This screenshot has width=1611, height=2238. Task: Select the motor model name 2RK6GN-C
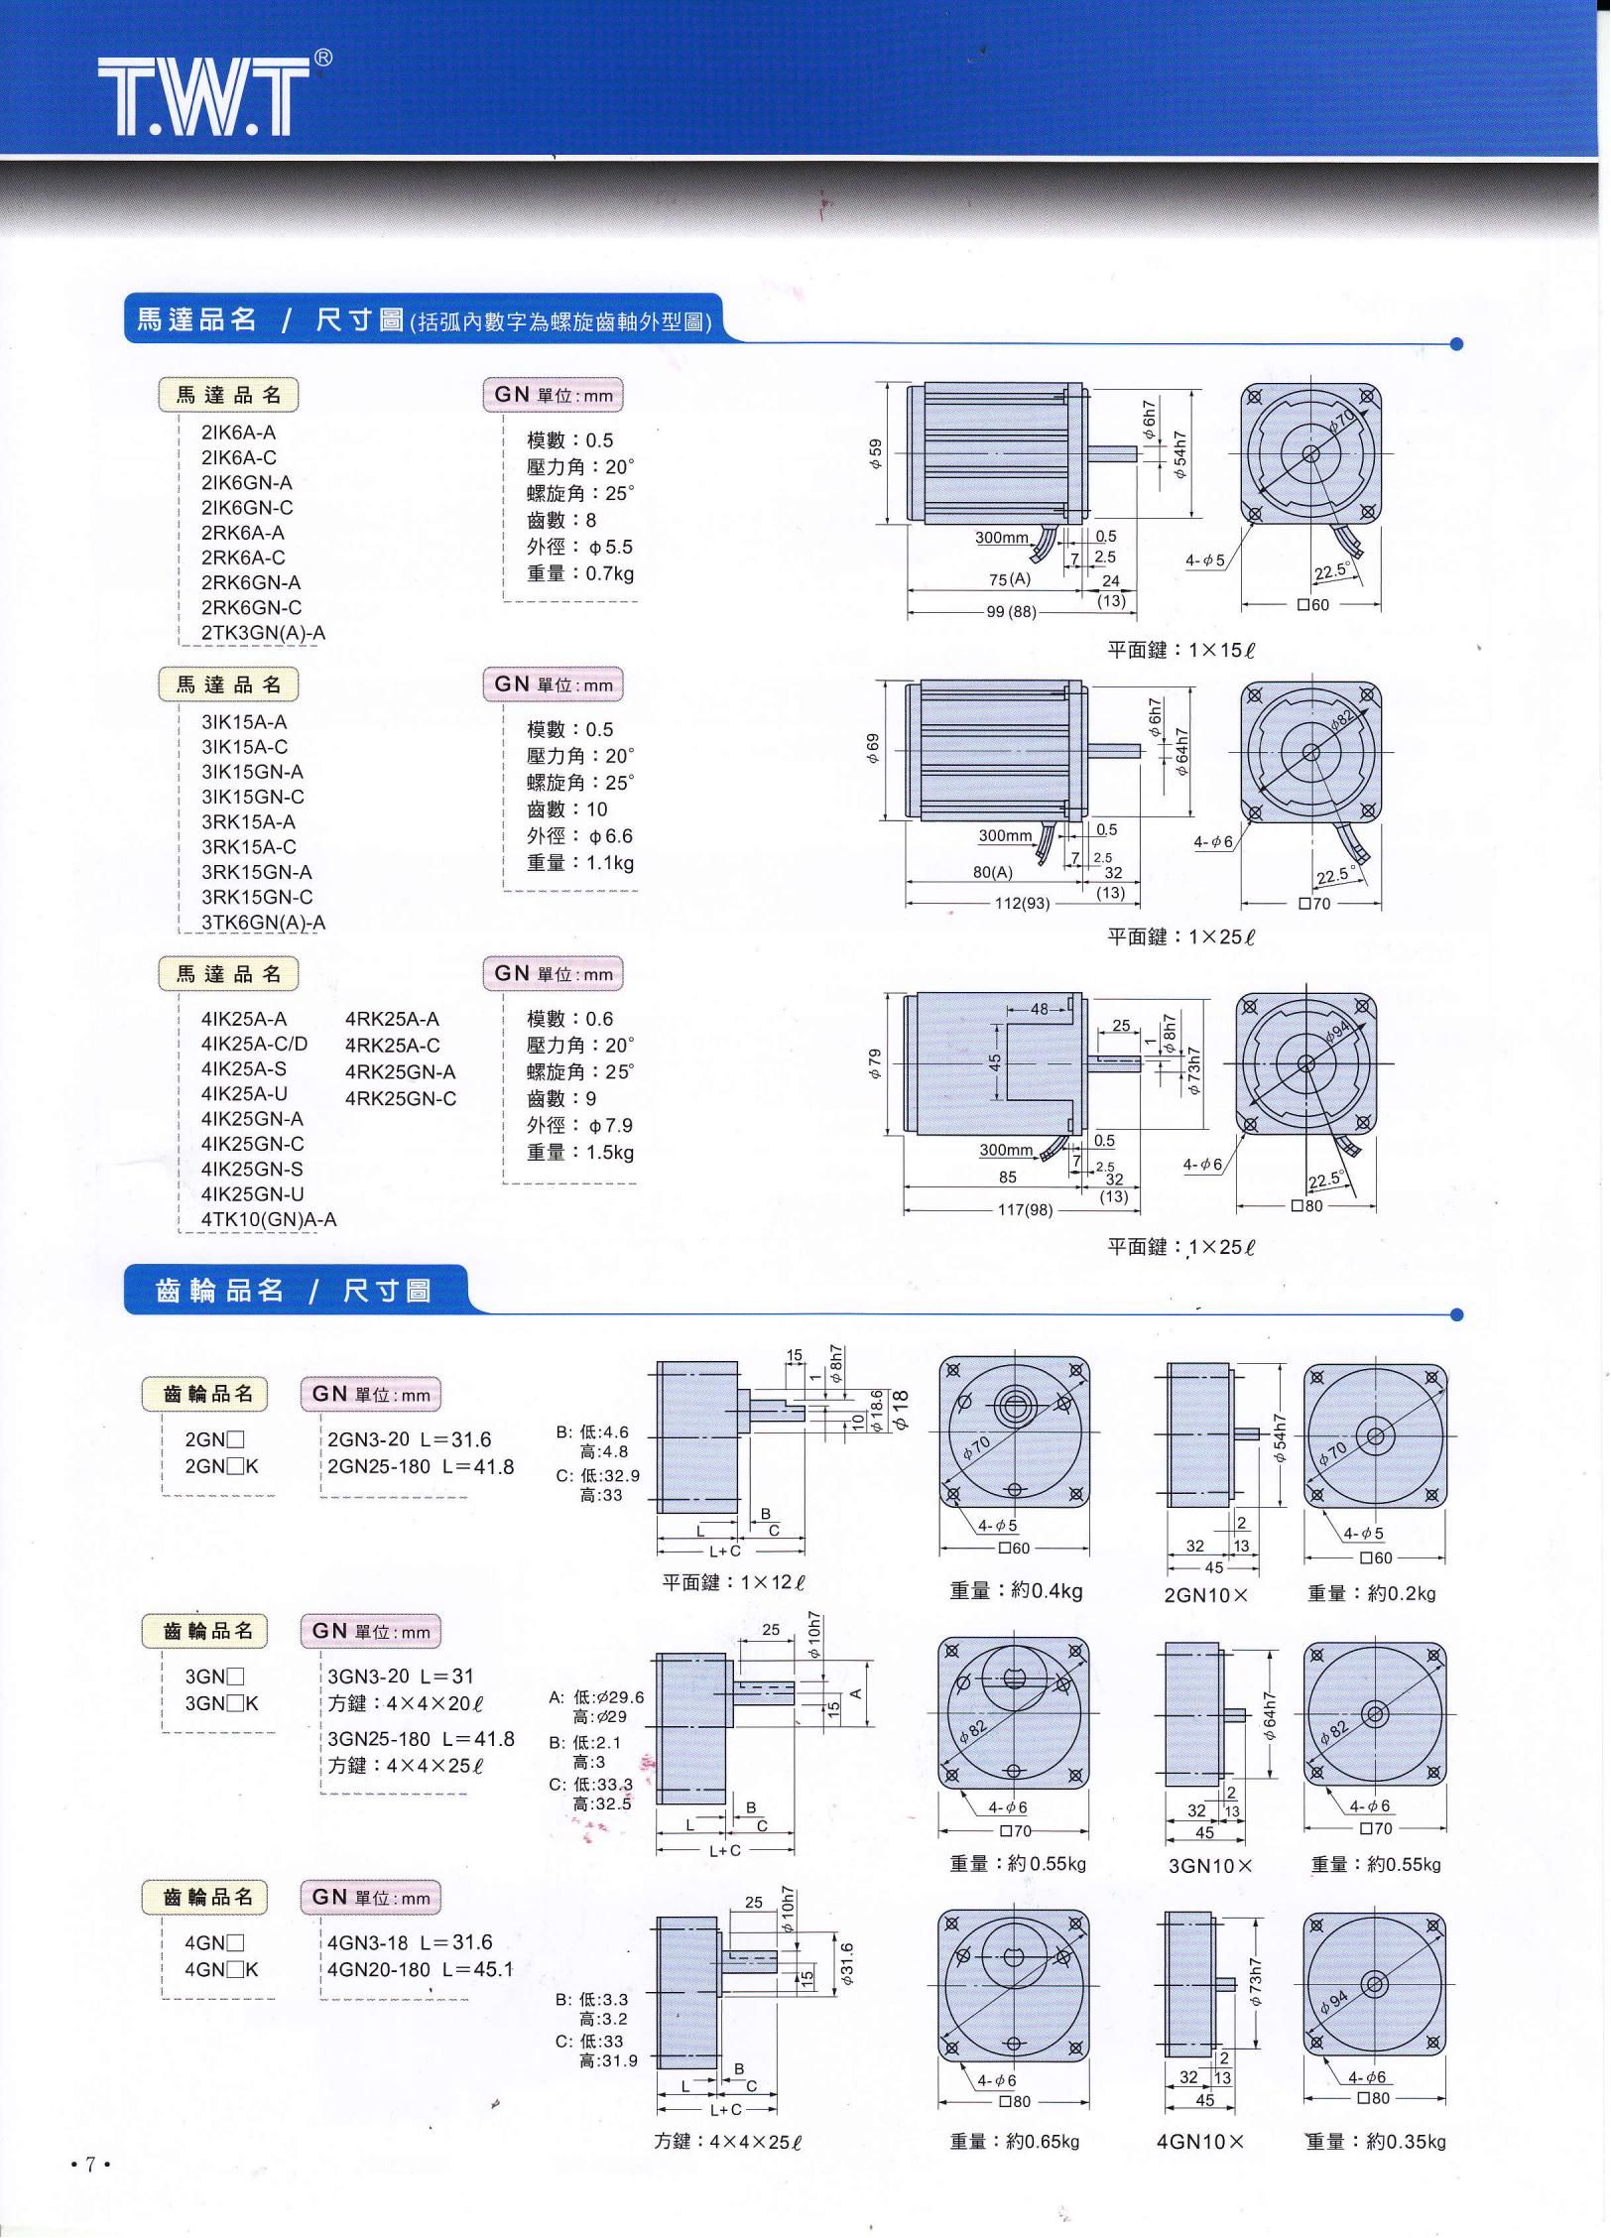click(251, 607)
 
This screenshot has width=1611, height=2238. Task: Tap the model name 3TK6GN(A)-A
click(263, 922)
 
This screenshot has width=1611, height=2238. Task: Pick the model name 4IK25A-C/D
click(254, 1044)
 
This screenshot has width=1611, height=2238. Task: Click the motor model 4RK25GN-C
click(401, 1098)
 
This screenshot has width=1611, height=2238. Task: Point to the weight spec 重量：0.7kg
click(580, 573)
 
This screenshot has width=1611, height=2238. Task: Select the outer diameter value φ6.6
click(611, 836)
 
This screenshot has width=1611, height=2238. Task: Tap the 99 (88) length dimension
click(1011, 612)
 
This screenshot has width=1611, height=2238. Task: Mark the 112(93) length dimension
click(1022, 904)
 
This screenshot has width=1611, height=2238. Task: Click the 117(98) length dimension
click(1025, 1209)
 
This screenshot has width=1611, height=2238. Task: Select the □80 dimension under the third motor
click(1306, 1207)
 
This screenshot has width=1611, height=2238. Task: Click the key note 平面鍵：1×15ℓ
click(1180, 651)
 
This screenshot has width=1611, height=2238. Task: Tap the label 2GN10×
click(1205, 1595)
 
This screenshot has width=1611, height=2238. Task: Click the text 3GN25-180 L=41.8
click(421, 1739)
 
